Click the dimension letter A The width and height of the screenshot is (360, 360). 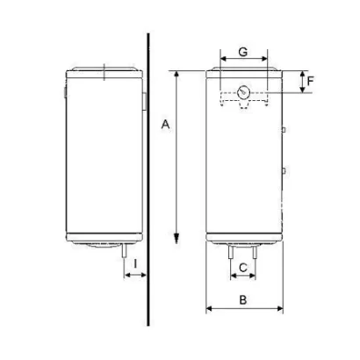pyautogui.click(x=163, y=126)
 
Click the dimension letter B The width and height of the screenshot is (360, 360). pyautogui.click(x=243, y=299)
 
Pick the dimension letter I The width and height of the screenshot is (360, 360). pyautogui.click(x=134, y=263)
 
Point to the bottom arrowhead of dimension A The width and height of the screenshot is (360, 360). pyautogui.click(x=177, y=239)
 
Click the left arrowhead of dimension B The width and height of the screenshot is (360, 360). pyautogui.click(x=209, y=309)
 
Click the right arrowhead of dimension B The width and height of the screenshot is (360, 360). pyautogui.click(x=280, y=309)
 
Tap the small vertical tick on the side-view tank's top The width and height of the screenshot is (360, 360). pyautogui.click(x=103, y=71)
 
